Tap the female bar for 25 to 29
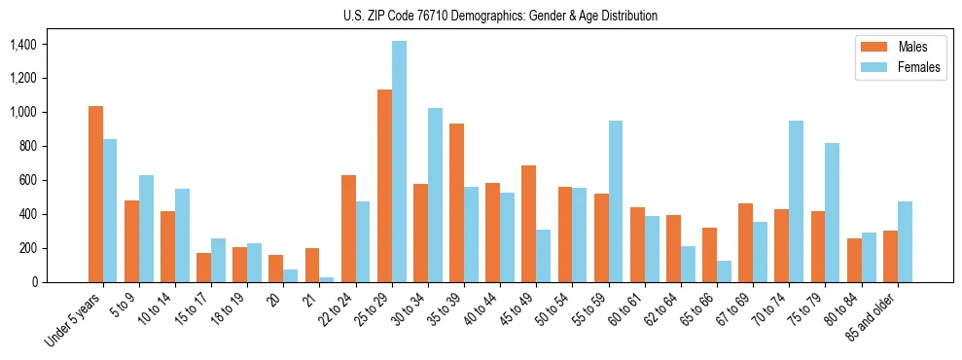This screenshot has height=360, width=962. pos(399,162)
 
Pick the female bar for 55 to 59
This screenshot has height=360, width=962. pos(616,201)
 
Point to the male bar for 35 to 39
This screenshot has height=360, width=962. pos(456,202)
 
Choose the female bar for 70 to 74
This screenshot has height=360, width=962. pos(796,201)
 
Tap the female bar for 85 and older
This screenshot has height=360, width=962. pos(905,241)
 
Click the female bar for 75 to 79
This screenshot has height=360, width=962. pos(832,212)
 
